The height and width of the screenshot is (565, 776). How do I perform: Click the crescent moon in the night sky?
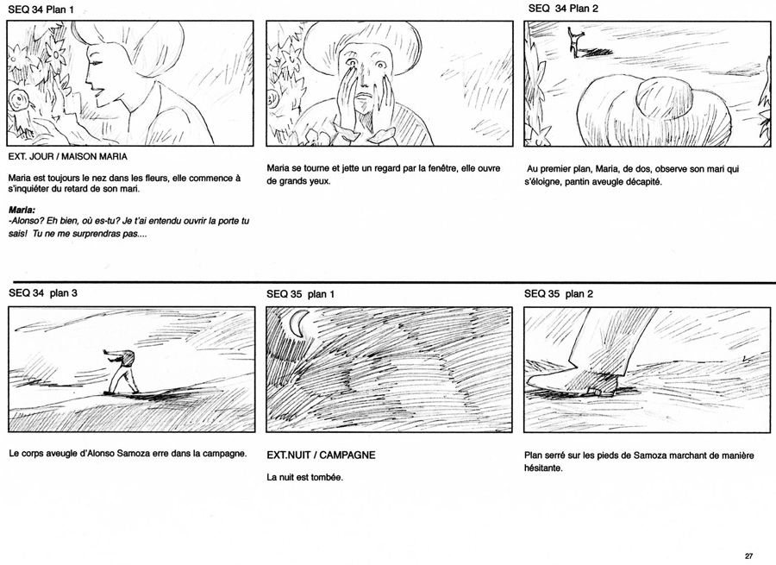click(x=297, y=323)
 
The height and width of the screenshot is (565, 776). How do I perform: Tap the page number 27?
click(x=748, y=556)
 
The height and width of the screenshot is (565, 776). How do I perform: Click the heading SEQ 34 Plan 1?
click(x=41, y=9)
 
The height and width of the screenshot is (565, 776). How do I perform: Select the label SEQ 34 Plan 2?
click(x=563, y=9)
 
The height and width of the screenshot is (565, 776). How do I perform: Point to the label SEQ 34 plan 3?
click(x=43, y=293)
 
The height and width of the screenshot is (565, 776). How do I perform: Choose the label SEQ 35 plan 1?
click(x=300, y=294)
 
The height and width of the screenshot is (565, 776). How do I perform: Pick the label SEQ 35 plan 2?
click(x=558, y=293)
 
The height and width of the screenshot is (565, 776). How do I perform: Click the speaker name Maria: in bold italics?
click(x=22, y=210)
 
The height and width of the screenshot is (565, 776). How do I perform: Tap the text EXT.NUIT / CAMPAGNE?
click(x=321, y=455)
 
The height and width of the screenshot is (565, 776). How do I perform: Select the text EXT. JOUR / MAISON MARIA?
click(x=68, y=156)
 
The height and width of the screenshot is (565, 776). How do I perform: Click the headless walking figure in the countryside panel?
click(x=122, y=372)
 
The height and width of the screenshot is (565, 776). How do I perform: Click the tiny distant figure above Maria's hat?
click(x=576, y=41)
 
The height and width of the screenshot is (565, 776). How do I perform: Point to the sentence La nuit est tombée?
click(x=304, y=477)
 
